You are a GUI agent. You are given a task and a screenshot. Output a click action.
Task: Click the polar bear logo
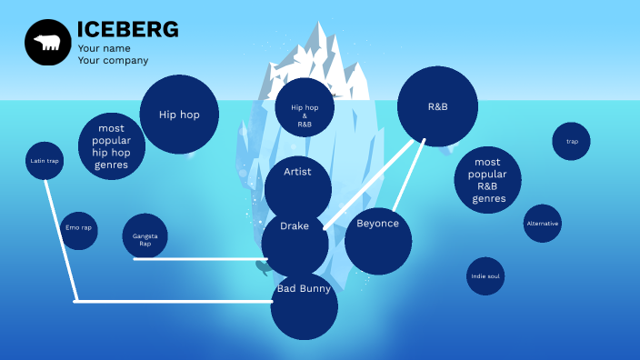pos(47,42)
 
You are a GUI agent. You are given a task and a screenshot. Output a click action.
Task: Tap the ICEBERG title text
pos(127,30)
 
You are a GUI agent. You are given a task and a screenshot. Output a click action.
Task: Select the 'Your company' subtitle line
pos(113,61)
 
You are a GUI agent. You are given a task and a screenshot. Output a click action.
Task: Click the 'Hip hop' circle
pos(179,115)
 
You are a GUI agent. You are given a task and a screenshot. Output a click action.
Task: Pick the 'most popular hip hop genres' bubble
pos(112,145)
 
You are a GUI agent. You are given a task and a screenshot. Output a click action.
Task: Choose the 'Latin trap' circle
pos(45,161)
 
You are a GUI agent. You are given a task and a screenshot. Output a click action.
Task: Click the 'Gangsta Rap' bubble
pos(145,238)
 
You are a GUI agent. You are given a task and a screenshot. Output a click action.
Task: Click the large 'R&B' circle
pos(437,107)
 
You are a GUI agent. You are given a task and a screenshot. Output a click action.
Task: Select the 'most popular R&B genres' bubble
pos(487,180)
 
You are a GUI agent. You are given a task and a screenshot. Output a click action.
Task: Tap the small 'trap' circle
pos(572,141)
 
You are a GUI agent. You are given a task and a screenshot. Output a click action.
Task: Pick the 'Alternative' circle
pos(543,224)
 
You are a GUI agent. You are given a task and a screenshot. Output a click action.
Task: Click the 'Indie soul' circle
pos(485,275)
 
